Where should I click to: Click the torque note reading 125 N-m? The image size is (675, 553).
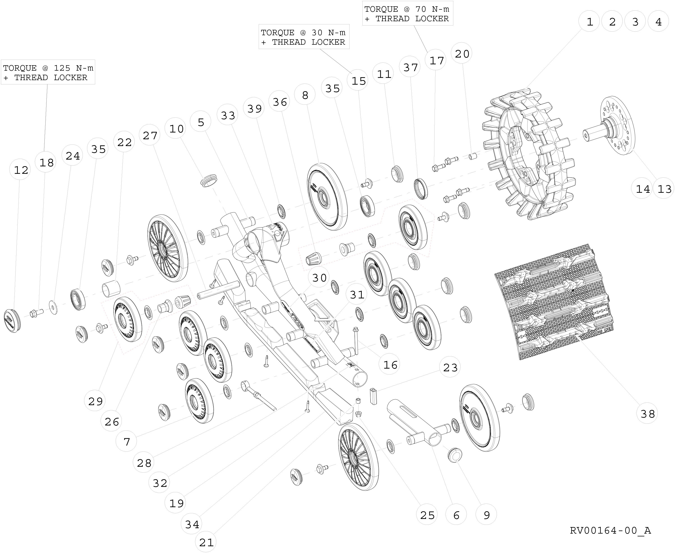point(48,73)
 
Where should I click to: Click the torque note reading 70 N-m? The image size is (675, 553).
point(407,14)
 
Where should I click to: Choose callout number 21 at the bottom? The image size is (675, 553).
point(206,542)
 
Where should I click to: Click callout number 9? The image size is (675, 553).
point(486,515)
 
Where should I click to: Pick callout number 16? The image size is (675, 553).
point(390,365)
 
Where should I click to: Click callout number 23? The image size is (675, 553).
point(450,367)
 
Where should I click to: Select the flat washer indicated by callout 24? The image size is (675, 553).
point(53,307)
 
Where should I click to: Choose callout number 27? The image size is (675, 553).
point(150,135)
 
